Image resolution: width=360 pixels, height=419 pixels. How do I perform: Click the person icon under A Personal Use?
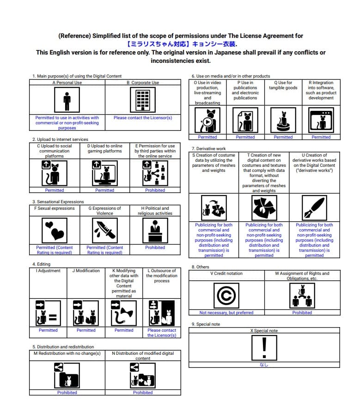[x=67, y=100]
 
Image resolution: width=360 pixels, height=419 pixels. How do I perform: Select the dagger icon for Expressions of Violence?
[x=104, y=230]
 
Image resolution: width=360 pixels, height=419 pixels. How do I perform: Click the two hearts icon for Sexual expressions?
[x=54, y=230]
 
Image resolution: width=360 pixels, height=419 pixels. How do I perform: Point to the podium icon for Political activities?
[x=155, y=230]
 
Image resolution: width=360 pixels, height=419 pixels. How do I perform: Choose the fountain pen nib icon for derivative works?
[x=314, y=207]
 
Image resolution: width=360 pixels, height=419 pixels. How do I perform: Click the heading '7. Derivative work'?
[x=209, y=149]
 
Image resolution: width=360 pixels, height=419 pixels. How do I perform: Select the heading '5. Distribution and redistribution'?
[x=63, y=346]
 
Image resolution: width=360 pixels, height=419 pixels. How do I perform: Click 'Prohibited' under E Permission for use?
[x=155, y=190]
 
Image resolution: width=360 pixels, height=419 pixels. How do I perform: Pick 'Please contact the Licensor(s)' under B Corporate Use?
[x=143, y=118]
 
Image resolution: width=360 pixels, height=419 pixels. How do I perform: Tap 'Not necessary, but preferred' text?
[x=226, y=313]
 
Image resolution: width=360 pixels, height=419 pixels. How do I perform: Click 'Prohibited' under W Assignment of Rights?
[x=302, y=313]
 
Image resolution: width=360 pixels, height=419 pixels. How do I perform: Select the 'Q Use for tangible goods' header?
[x=283, y=85]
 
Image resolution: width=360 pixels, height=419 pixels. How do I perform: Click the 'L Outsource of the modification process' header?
[x=161, y=276]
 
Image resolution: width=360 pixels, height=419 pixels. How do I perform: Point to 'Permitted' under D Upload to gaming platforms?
[x=104, y=190]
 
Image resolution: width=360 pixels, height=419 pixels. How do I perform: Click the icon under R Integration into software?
[x=321, y=121]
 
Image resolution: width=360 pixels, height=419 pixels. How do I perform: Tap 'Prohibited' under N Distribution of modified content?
[x=143, y=393]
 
